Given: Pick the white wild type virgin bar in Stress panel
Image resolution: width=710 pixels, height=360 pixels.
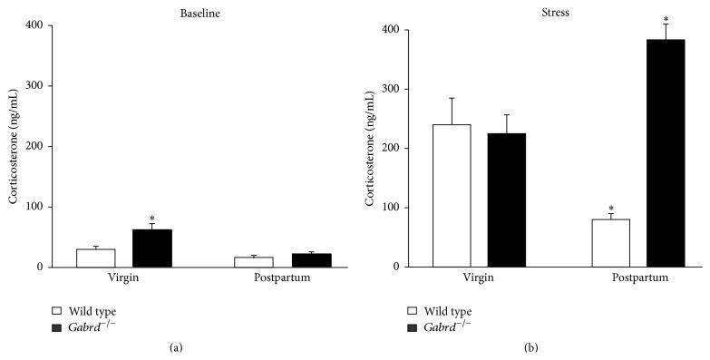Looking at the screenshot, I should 452,196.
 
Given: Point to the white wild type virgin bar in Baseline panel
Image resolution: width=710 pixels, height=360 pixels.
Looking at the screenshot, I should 95,258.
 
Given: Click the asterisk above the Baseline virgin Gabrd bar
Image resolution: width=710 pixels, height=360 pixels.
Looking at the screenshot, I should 151,219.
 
